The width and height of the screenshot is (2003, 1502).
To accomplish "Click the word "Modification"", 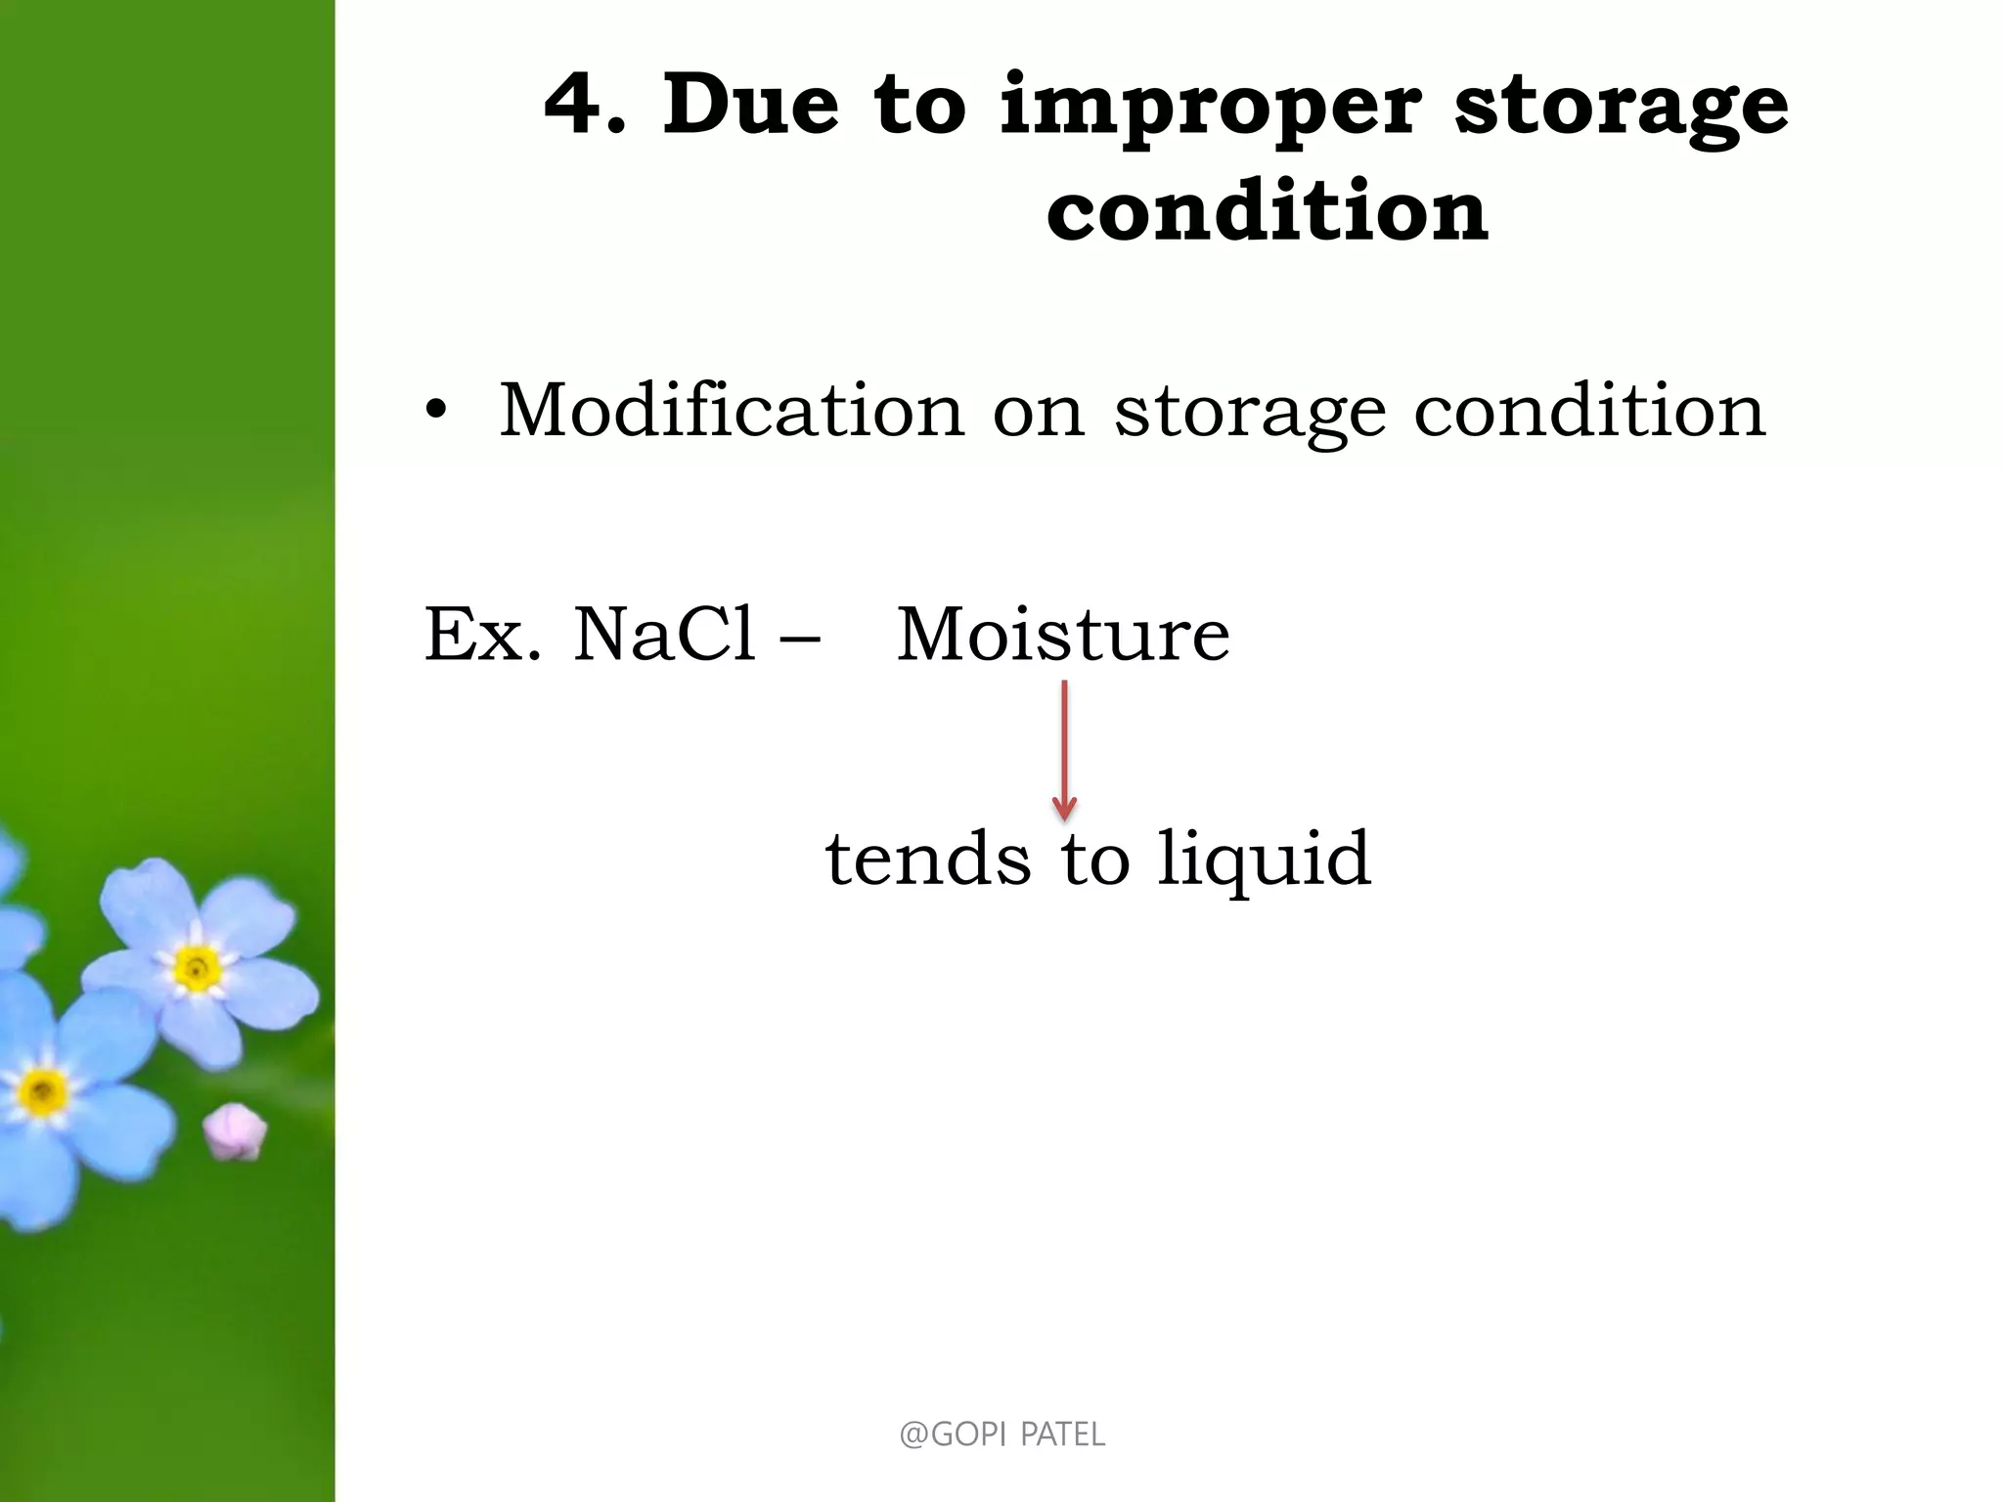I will point(732,411).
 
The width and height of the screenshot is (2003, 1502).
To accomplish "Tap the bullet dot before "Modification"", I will point(435,413).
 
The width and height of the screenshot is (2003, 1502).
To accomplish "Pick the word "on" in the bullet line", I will point(1039,415).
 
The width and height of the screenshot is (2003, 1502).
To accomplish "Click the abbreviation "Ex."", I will point(482,636).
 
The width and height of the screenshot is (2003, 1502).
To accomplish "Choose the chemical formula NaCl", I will point(664,635).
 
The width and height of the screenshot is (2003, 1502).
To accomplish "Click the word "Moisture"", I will point(1063,636).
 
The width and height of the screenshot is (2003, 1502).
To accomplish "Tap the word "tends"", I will point(928,860).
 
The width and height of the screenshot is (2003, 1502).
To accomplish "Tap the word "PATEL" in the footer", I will point(1063,1435).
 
